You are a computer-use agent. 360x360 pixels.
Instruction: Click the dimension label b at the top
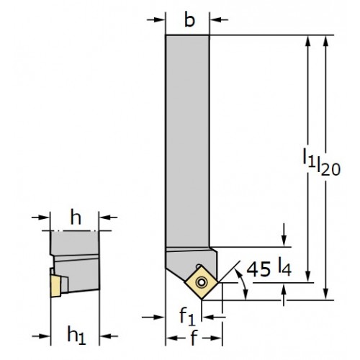click(189, 21)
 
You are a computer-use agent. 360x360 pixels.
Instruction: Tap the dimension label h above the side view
click(76, 218)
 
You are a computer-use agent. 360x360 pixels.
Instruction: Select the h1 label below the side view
click(76, 335)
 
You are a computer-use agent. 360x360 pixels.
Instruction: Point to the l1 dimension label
click(309, 157)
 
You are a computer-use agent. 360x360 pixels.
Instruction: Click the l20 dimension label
click(328, 166)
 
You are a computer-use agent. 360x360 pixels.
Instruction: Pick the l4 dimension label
click(285, 266)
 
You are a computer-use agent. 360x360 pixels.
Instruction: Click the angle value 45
click(258, 269)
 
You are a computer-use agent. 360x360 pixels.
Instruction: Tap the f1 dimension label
click(187, 316)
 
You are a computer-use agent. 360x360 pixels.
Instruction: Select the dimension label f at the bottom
click(194, 338)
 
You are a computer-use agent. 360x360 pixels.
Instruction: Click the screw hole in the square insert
click(201, 282)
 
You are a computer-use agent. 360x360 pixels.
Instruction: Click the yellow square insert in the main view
click(202, 282)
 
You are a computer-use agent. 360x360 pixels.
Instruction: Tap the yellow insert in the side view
click(55, 286)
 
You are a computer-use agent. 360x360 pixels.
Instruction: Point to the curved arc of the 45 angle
click(243, 284)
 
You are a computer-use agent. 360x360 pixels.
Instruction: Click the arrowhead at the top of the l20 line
click(325, 41)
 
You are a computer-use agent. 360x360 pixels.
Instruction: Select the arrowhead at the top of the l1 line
click(308, 41)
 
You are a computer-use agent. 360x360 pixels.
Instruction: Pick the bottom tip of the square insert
click(202, 300)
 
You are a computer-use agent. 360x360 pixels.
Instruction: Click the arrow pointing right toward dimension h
click(40, 217)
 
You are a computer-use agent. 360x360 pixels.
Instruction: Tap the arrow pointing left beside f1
click(214, 318)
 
